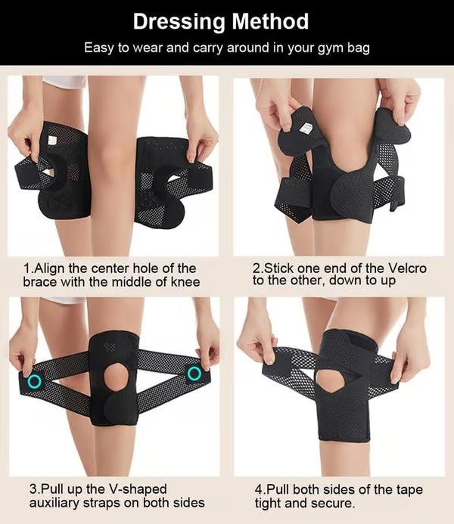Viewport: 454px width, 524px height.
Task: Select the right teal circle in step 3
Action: tap(194, 374)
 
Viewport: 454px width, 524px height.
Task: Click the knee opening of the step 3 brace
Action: tap(115, 376)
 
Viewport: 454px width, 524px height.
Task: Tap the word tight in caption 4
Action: tap(269, 504)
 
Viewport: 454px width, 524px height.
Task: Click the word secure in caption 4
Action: tap(332, 504)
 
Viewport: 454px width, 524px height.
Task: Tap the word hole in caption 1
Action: tap(138, 268)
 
